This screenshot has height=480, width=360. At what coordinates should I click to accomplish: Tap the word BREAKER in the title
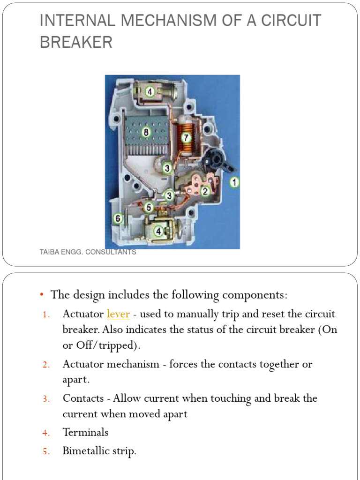pos(76,43)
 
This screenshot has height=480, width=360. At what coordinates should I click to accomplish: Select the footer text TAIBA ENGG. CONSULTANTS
pos(88,252)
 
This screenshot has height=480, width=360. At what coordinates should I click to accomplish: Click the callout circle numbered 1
pos(234,182)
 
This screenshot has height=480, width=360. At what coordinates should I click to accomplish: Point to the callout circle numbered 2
pos(205,191)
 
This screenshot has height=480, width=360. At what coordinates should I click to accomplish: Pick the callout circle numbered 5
pos(149,207)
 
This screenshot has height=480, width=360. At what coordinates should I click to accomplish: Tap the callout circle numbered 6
pos(118,218)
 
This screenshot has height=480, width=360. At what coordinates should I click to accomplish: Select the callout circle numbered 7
pos(186,138)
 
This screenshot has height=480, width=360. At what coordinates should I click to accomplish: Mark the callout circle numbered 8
pos(146,133)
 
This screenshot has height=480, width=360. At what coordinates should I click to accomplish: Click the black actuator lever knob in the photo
pos(216,159)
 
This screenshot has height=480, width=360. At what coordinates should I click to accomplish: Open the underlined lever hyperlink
pos(118,314)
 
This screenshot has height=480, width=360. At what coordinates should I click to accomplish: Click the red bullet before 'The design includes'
pos(42,295)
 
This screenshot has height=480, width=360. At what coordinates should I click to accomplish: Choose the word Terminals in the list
pos(85,432)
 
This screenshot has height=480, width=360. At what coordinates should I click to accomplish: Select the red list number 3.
pos(46,399)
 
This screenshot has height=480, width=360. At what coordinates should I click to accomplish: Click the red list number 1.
pos(46,315)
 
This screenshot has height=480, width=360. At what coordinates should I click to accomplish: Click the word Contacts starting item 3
pos(83,398)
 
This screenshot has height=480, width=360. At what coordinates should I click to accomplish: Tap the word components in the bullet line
pos(253,295)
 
